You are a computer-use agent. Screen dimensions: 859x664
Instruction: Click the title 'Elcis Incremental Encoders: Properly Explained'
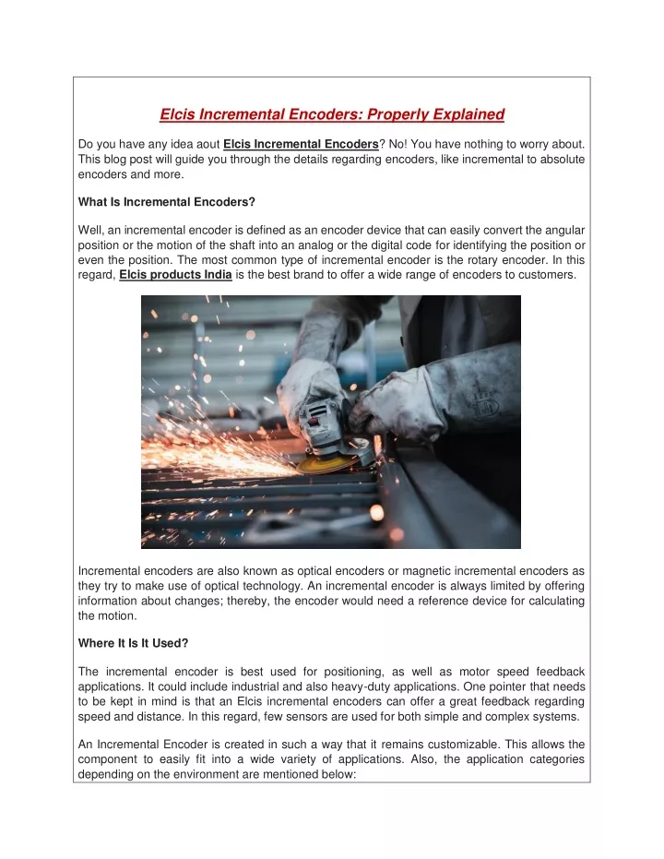click(x=332, y=114)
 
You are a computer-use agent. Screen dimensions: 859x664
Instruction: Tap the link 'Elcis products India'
click(x=175, y=275)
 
